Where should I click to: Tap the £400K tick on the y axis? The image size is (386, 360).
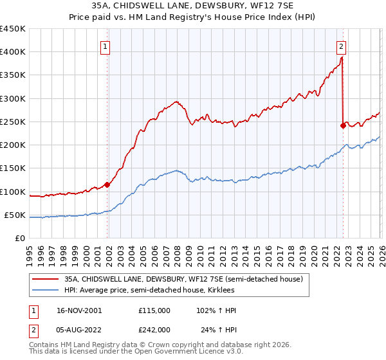13,52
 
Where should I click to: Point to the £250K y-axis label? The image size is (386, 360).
13,122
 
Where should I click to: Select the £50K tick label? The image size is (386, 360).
15,215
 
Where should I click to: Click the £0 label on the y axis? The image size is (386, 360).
20,238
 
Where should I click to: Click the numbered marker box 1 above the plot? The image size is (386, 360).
105,46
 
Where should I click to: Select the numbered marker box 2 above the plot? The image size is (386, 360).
340,46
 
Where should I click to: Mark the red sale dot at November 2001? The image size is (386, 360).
107,184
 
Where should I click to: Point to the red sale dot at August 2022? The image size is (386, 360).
343,125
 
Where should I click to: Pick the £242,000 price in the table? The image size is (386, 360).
154,329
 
